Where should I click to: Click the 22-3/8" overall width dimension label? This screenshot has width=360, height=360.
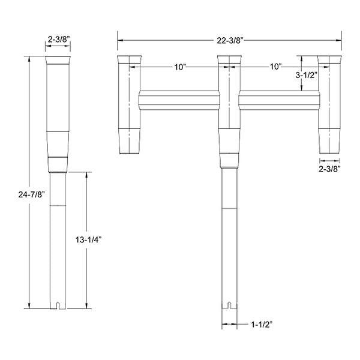[230, 41]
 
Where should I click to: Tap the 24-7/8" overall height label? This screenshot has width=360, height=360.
[31, 194]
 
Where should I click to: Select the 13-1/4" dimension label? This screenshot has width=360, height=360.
[89, 240]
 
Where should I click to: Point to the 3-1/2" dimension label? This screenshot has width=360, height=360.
[306, 75]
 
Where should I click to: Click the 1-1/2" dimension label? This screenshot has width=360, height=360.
[262, 325]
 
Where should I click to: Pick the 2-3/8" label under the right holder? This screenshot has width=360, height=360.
[329, 169]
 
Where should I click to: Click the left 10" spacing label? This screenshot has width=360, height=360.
[180, 67]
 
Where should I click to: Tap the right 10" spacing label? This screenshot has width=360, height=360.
[275, 67]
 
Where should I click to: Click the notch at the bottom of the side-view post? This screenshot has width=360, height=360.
[58, 305]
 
